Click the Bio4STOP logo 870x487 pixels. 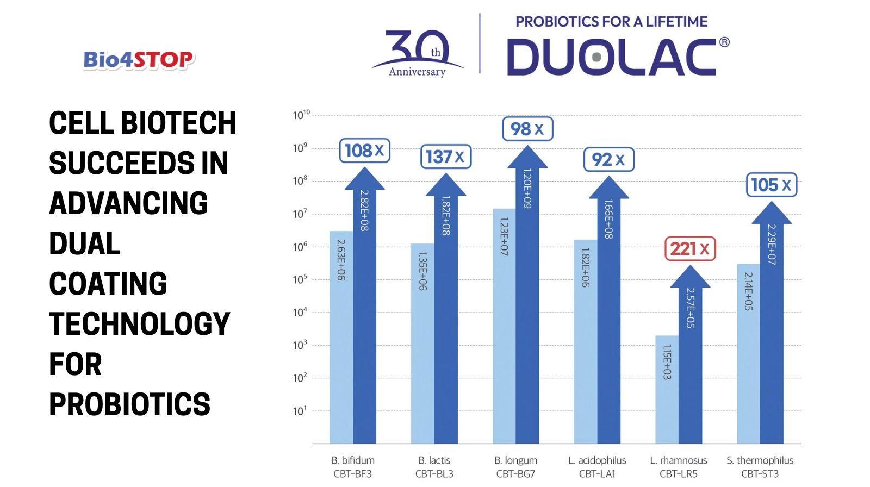tap(139, 60)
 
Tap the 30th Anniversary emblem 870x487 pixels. tap(418, 53)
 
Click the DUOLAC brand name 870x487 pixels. tap(611, 57)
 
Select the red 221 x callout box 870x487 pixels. tap(690, 249)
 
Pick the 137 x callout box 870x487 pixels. tap(445, 157)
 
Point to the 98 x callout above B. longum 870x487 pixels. tap(527, 129)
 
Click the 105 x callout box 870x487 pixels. tap(771, 185)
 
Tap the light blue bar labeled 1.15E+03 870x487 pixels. tap(667, 389)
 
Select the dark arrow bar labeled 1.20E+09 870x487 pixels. tap(527, 304)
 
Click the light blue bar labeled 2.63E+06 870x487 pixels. tap(341, 337)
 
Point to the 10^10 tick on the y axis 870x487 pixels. tap(301, 115)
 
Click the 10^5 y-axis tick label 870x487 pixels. tap(300, 279)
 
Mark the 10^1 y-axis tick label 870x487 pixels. tap(299, 411)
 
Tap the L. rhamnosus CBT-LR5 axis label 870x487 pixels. tap(678, 467)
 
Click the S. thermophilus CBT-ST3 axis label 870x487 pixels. tap(760, 467)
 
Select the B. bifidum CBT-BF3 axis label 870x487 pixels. tap(352, 467)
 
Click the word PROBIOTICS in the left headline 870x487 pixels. tap(129, 404)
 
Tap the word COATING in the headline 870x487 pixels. tap(108, 284)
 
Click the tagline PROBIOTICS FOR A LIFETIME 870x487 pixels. tap(611, 22)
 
